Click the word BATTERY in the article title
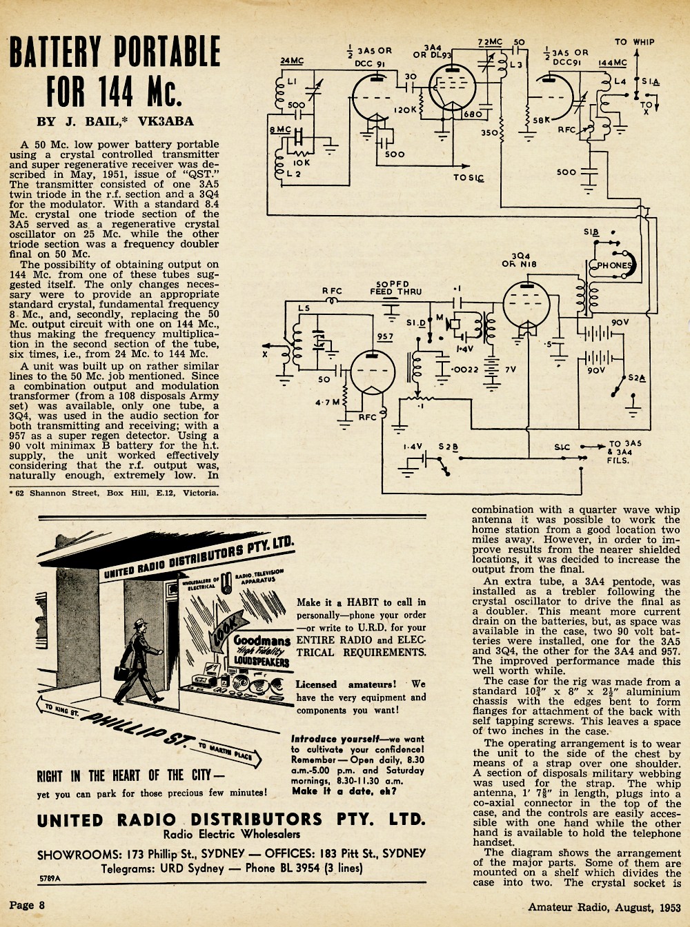pyautogui.click(x=55, y=51)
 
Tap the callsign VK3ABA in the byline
pyautogui.click(x=166, y=121)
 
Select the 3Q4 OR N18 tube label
pyautogui.click(x=520, y=260)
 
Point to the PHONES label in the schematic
pyautogui.click(x=614, y=265)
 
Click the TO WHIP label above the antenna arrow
pyautogui.click(x=634, y=42)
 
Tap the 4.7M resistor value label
pyautogui.click(x=328, y=403)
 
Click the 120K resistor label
pyautogui.click(x=406, y=110)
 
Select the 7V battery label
pyautogui.click(x=511, y=369)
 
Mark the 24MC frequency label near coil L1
pyautogui.click(x=292, y=61)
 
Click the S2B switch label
pyautogui.click(x=448, y=447)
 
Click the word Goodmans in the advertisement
pyautogui.click(x=262, y=641)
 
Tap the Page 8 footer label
pyautogui.click(x=27, y=905)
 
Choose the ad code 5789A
pyautogui.click(x=50, y=878)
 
